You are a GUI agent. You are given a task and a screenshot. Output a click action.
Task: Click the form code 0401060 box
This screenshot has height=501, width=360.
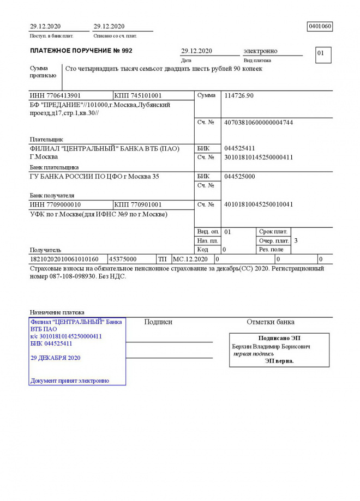click(320, 26)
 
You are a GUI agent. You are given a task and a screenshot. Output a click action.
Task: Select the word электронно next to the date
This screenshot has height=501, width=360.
click(260, 51)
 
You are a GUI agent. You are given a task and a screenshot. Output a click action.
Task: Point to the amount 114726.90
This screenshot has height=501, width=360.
click(239, 95)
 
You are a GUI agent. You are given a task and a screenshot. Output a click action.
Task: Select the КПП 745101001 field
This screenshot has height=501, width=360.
click(138, 95)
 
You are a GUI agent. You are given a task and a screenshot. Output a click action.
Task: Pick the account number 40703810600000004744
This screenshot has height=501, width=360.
click(259, 123)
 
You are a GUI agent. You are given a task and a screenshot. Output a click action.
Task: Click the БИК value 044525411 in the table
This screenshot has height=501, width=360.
click(239, 148)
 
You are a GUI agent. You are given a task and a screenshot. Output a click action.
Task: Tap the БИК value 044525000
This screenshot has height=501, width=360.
click(239, 177)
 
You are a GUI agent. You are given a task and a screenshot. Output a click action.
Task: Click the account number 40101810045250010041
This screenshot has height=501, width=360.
click(259, 204)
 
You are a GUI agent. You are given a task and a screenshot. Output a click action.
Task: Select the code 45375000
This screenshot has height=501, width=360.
click(123, 259)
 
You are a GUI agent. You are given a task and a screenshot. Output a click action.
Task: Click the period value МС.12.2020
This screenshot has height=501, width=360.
click(190, 259)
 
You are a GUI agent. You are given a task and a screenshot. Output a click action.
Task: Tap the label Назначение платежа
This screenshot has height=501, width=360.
click(57, 312)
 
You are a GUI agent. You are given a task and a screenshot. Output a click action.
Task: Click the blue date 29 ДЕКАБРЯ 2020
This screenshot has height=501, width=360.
click(56, 358)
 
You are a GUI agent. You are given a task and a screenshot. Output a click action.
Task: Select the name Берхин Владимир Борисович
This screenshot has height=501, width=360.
click(271, 346)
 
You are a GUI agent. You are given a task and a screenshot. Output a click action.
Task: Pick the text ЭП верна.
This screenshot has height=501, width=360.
click(279, 361)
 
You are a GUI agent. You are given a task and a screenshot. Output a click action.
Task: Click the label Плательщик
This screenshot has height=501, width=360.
click(46, 139)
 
